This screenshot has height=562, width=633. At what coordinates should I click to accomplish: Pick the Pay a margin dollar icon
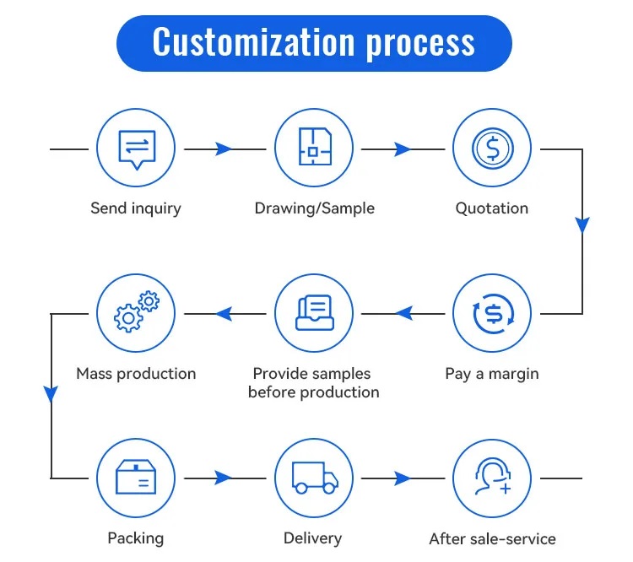click(492, 314)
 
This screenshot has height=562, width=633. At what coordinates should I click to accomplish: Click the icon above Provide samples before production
click(314, 314)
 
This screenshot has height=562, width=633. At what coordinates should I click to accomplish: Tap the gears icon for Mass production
click(136, 314)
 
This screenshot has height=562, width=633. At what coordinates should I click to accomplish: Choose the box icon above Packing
click(136, 478)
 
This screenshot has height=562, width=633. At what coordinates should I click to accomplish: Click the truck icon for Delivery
click(314, 478)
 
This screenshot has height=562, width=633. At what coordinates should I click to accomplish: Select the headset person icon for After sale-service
click(492, 478)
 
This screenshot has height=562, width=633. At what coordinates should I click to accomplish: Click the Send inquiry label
click(136, 208)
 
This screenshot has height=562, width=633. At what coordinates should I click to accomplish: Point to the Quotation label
click(492, 208)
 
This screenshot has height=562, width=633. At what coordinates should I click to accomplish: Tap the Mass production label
click(136, 373)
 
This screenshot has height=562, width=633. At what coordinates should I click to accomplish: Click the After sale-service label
click(492, 538)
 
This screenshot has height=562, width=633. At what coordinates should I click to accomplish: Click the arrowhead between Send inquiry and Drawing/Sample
click(224, 149)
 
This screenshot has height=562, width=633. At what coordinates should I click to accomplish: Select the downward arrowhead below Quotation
click(582, 225)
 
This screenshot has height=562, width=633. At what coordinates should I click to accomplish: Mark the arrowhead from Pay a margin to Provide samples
click(403, 314)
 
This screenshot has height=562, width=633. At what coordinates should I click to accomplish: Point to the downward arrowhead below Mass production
click(51, 393)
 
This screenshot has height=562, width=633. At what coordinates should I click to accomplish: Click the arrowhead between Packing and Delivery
click(224, 478)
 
